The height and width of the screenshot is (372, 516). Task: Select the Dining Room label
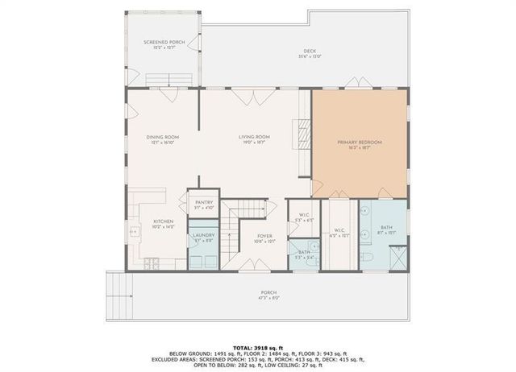click(x=162, y=138)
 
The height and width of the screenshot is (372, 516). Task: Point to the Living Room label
click(x=253, y=138)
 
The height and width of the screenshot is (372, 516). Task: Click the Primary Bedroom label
click(x=359, y=143)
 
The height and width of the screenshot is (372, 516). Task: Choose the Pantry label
click(x=204, y=204)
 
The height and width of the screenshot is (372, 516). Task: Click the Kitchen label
click(x=164, y=222)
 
